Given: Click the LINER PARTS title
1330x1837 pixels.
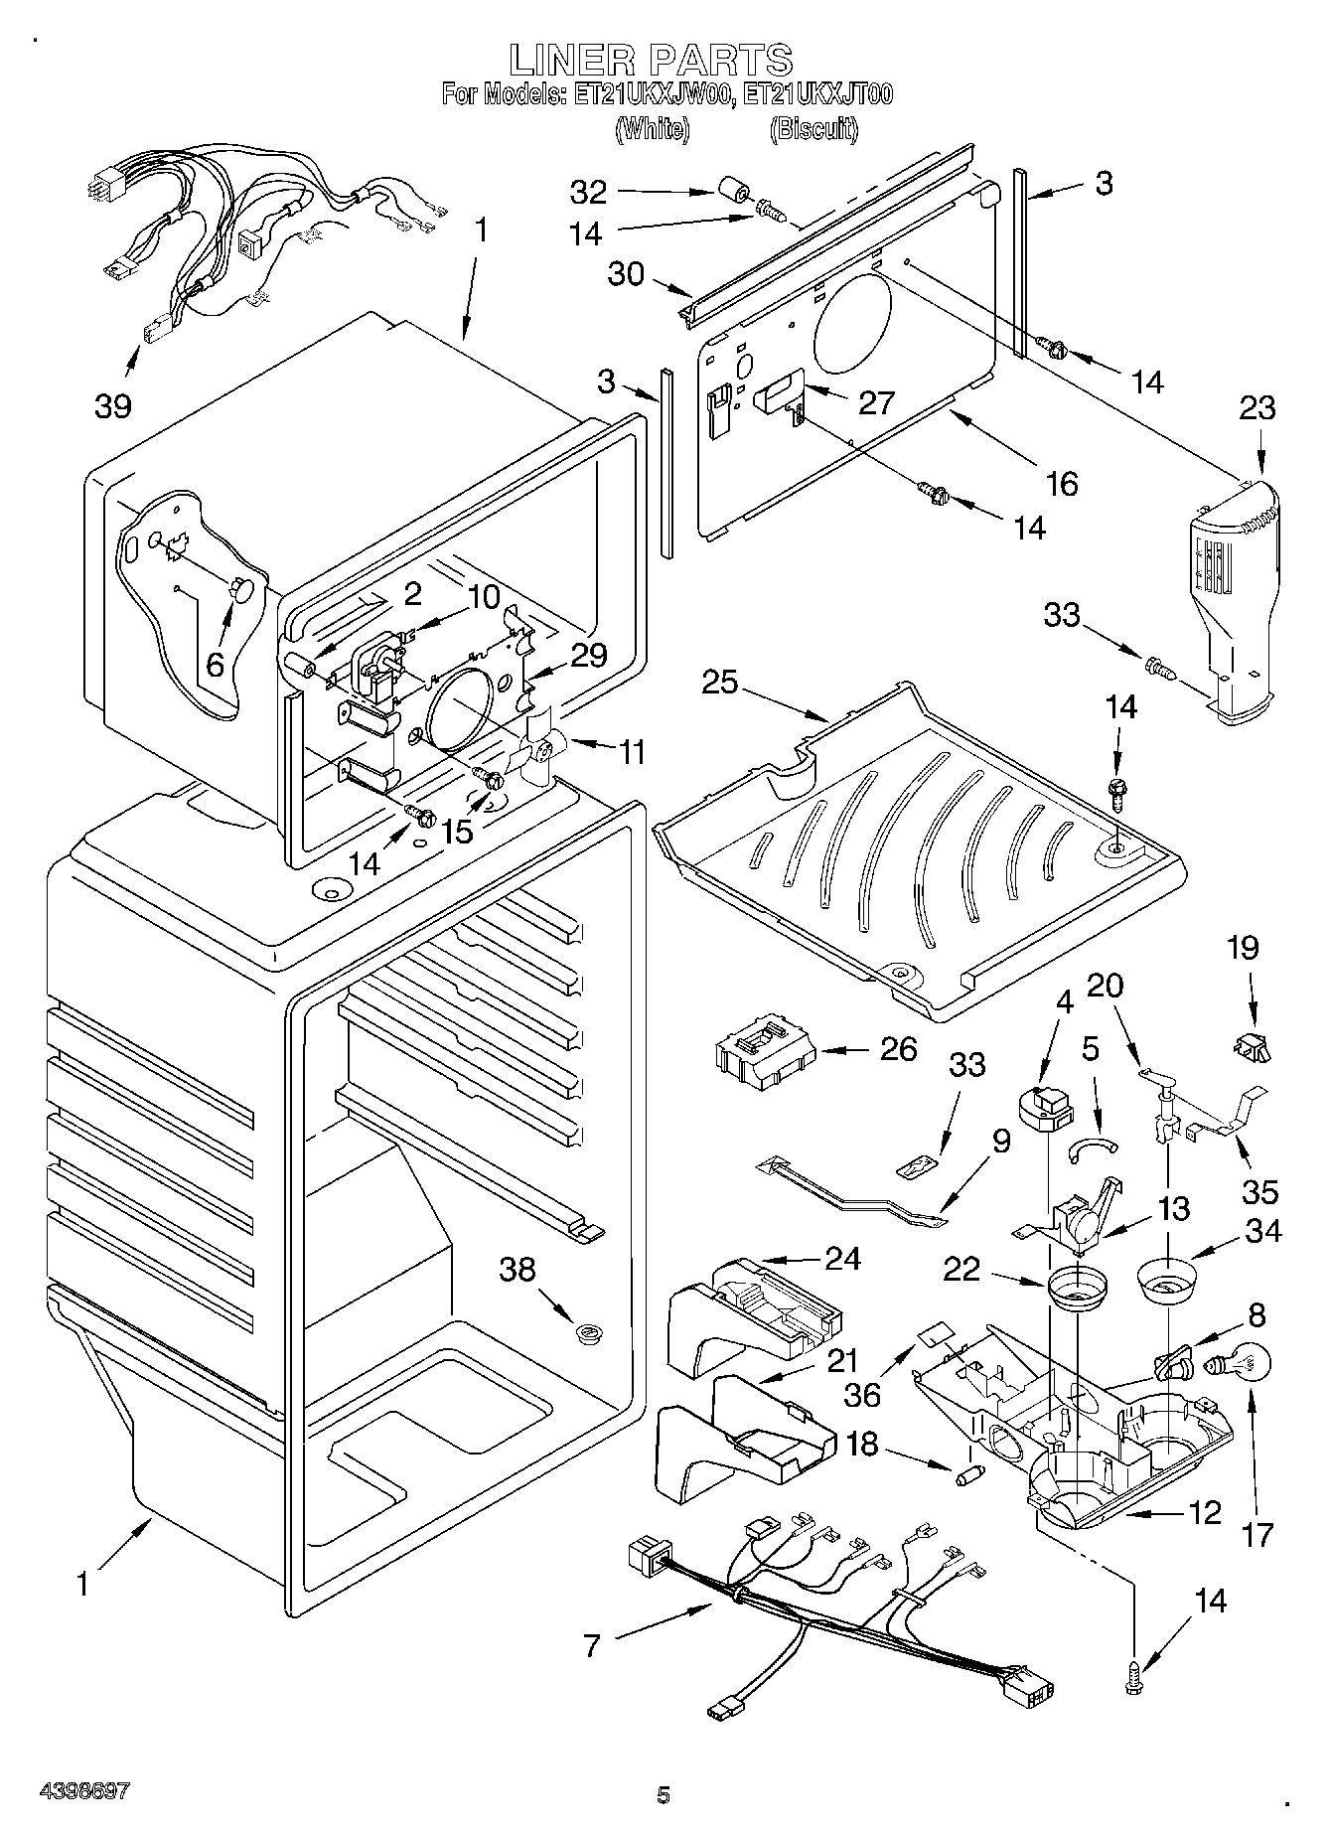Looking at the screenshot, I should tap(651, 61).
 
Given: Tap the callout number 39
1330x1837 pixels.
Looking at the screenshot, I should tap(113, 405).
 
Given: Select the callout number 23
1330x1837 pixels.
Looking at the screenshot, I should tap(1256, 408).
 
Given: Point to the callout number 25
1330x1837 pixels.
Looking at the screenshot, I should tap(722, 683).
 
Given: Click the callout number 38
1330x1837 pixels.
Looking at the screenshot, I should tap(518, 1270).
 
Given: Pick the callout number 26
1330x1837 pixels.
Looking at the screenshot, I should tap(898, 1049).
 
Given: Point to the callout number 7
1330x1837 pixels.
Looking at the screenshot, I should tap(591, 1646).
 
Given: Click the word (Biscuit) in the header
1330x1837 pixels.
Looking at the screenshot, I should tap(814, 128).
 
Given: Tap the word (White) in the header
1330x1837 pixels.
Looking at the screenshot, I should tap(652, 128).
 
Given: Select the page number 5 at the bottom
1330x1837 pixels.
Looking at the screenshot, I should tap(664, 1795).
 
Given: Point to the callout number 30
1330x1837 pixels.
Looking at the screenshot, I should tap(626, 273).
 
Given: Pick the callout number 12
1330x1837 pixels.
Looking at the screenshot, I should tap(1203, 1513).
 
